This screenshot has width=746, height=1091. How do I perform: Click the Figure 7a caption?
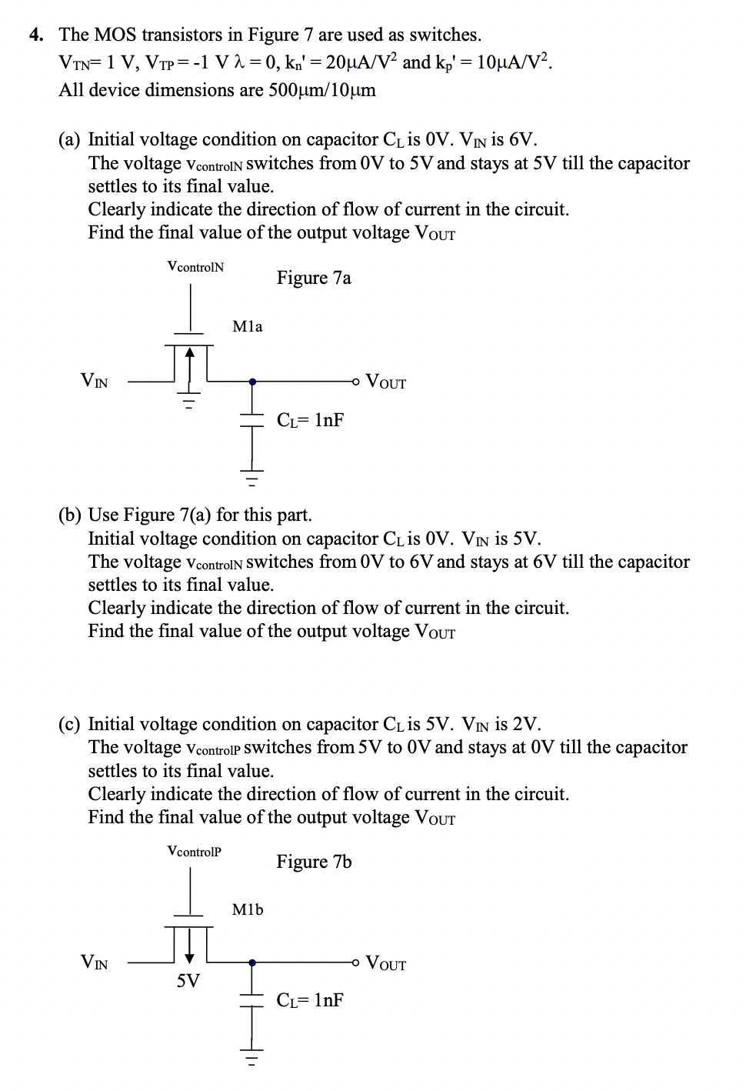(x=314, y=278)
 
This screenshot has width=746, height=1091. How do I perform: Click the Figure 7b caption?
(x=314, y=862)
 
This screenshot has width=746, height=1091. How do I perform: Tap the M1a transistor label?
(x=248, y=327)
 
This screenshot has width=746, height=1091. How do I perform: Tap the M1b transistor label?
(x=248, y=910)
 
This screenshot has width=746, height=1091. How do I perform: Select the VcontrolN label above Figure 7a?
(x=195, y=267)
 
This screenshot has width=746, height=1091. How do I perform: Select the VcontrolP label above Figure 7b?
(x=194, y=852)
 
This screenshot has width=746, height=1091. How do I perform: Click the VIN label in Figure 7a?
(x=95, y=380)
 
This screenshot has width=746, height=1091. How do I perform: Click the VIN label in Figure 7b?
(x=95, y=963)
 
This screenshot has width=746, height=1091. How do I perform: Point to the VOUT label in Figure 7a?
(x=386, y=382)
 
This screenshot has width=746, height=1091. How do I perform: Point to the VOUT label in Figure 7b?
(x=386, y=963)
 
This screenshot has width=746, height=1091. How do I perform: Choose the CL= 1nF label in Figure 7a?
(x=310, y=420)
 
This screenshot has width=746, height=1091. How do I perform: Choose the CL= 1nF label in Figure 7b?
(x=310, y=1000)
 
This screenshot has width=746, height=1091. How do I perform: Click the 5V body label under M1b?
(x=188, y=981)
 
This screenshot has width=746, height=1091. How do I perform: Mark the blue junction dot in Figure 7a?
(x=252, y=381)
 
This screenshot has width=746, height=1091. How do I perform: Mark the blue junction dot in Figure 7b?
(x=252, y=963)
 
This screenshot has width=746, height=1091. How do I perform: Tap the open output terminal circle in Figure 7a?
(x=355, y=381)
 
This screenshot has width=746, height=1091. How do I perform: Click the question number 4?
(x=36, y=35)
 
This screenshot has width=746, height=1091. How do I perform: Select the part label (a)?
(x=69, y=140)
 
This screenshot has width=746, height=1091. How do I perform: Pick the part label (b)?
(x=69, y=515)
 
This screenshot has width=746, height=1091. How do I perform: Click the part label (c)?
(x=69, y=725)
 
